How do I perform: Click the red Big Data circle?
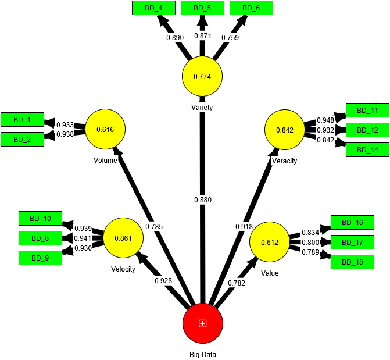coord(202,323)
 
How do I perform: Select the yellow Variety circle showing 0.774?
coord(202,77)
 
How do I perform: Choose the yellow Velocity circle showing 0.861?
coord(123,238)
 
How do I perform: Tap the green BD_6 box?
coord(251,8)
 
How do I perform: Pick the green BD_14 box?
coord(367,150)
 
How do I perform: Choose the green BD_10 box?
coord(40,219)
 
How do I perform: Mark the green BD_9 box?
coord(40,258)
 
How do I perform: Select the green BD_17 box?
coord(352,242)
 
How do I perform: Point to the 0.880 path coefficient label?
coord(203,200)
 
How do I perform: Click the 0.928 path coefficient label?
coord(163,281)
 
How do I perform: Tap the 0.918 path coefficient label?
coord(244,226)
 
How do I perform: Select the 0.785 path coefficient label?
coord(154,226)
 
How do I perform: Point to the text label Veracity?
coord(284,161)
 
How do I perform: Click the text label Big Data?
coord(202,354)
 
